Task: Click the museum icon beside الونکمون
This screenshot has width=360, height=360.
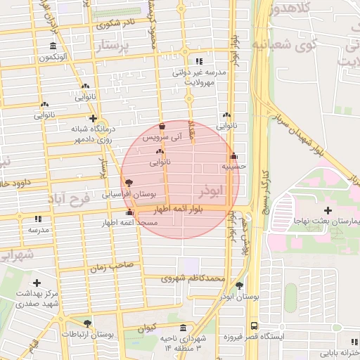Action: click(53, 46)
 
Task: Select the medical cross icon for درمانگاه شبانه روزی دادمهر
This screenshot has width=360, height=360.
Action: click(92, 118)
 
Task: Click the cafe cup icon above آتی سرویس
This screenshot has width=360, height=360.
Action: click(162, 127)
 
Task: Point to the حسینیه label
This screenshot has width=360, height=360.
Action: click(233, 167)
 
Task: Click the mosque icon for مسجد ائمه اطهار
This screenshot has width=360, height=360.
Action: click(129, 212)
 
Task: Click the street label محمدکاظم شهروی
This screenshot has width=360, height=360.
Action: click(193, 278)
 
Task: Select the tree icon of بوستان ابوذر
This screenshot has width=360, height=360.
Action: click(240, 285)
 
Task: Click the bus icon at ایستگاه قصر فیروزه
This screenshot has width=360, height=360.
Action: click(253, 326)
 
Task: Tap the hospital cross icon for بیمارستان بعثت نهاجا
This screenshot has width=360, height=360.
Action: click(328, 210)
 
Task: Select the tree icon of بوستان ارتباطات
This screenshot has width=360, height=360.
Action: click(87, 323)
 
